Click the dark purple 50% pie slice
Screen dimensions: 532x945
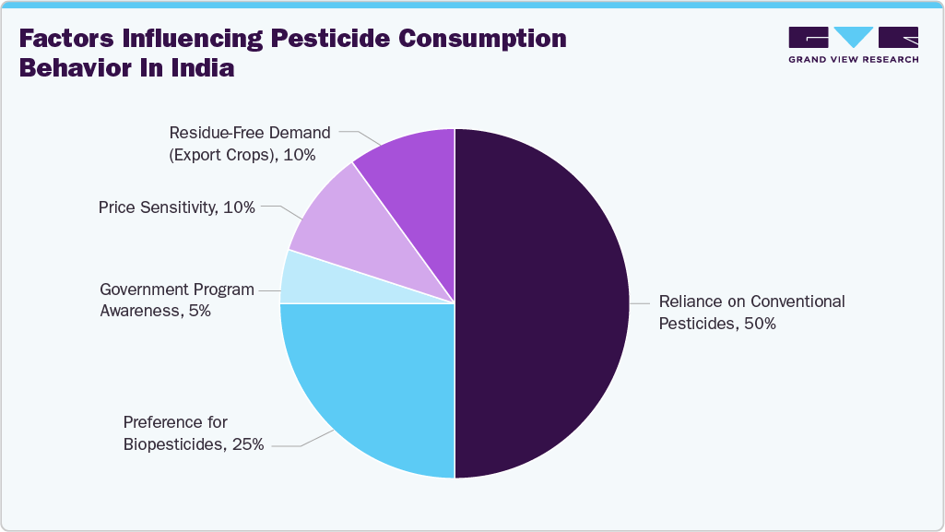tap(544, 304)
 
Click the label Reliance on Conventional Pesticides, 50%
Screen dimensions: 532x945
tap(751, 313)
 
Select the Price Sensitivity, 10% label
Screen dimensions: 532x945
tap(177, 207)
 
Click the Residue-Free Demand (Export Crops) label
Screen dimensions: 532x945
tap(249, 144)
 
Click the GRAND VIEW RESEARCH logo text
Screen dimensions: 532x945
tap(853, 60)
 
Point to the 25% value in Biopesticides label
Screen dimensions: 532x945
tap(249, 444)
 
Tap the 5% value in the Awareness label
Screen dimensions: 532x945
tap(197, 311)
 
